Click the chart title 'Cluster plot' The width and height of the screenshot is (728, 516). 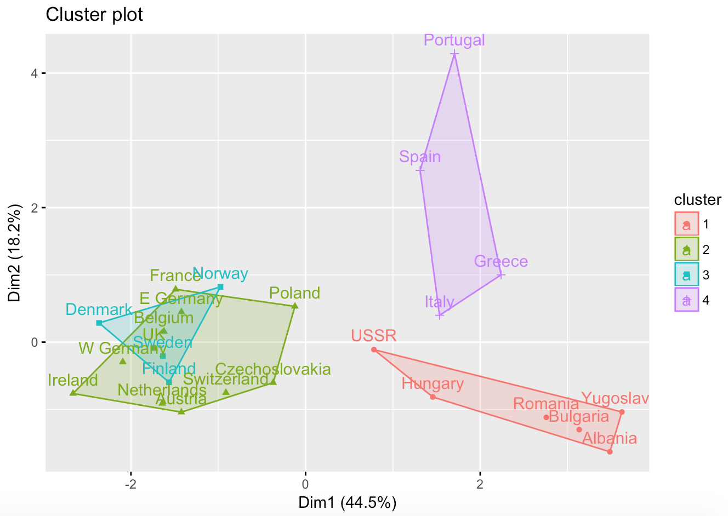pos(94,15)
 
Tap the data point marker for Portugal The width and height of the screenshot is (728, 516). pos(454,54)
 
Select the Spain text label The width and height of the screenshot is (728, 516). pos(420,157)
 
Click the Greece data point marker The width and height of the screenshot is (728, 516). pos(501,276)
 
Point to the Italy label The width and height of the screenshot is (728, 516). pos(439,302)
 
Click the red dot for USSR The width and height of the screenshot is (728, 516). pos(374,349)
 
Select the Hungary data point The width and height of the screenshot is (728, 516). pos(433,397)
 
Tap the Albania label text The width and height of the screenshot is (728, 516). pos(610,438)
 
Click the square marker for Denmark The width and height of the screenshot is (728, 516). pos(99,323)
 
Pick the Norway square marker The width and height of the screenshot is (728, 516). pos(220,287)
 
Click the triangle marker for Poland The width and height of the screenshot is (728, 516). pos(294,306)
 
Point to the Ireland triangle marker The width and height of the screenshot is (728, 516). pos(73,393)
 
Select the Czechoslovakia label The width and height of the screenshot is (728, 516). pos(273,369)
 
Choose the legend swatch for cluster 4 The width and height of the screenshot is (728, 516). pos(686,300)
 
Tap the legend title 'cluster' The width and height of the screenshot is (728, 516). pos(697,199)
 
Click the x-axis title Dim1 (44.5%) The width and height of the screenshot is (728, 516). pos(347,502)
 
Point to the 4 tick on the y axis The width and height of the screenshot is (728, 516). pos(34,73)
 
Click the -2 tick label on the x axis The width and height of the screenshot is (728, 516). pos(130,484)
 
